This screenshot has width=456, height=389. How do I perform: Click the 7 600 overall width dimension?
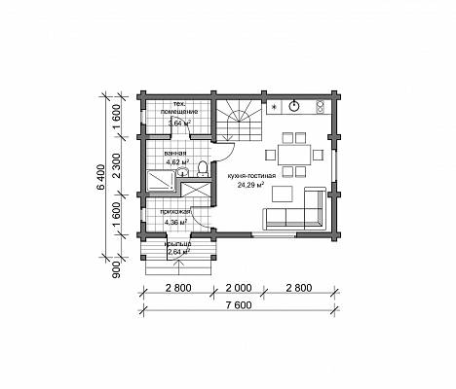pos(239,305)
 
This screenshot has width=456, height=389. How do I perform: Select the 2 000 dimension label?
pos(239,288)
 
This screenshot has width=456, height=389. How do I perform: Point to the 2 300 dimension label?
pos(117,165)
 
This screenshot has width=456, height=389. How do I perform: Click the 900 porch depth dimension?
pos(117,270)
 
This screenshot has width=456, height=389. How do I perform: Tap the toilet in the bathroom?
pos(203,169)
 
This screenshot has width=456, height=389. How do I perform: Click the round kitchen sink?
pos(294,106)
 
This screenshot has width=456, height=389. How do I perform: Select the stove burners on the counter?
pos(321,107)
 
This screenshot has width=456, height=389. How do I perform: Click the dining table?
pos(294,155)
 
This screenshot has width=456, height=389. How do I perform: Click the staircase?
pos(239,120)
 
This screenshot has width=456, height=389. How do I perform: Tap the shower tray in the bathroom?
pos(161,181)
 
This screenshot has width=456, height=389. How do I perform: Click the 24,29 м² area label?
pos(250,186)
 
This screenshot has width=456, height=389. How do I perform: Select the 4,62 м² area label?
pos(177,160)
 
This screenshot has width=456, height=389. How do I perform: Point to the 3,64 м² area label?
pos(179,123)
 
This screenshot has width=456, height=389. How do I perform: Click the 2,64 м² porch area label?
pos(178,251)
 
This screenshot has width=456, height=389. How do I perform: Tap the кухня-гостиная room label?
pos(251,176)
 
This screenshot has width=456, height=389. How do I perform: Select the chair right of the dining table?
pos(318,155)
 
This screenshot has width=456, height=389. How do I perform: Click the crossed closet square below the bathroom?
pos(196,190)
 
